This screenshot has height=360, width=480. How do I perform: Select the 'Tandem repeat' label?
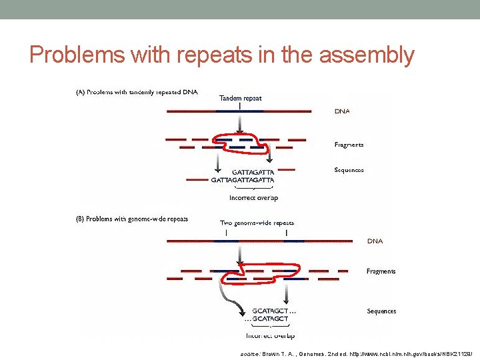click(x=241, y=98)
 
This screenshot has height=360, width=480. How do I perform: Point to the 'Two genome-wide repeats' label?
click(x=257, y=223)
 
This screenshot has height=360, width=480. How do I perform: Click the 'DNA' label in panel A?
click(x=341, y=112)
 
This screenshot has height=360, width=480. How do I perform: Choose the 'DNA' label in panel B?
click(x=375, y=241)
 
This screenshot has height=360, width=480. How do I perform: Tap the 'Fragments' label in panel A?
click(x=349, y=145)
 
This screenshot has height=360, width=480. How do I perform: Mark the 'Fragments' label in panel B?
click(x=381, y=271)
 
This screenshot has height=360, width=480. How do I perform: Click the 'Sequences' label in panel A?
click(x=349, y=171)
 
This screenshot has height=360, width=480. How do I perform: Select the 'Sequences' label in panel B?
click(x=381, y=311)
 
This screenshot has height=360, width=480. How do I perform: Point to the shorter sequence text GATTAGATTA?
click(x=253, y=172)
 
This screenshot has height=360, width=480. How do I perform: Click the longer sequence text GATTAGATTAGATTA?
click(x=242, y=180)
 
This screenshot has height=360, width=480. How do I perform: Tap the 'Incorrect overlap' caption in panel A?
click(x=253, y=197)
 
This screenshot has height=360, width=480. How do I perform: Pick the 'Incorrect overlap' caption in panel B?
click(x=270, y=336)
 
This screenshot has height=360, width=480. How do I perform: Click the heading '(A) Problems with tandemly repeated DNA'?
click(x=135, y=92)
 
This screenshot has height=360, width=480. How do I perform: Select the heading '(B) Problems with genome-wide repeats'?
click(x=131, y=219)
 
